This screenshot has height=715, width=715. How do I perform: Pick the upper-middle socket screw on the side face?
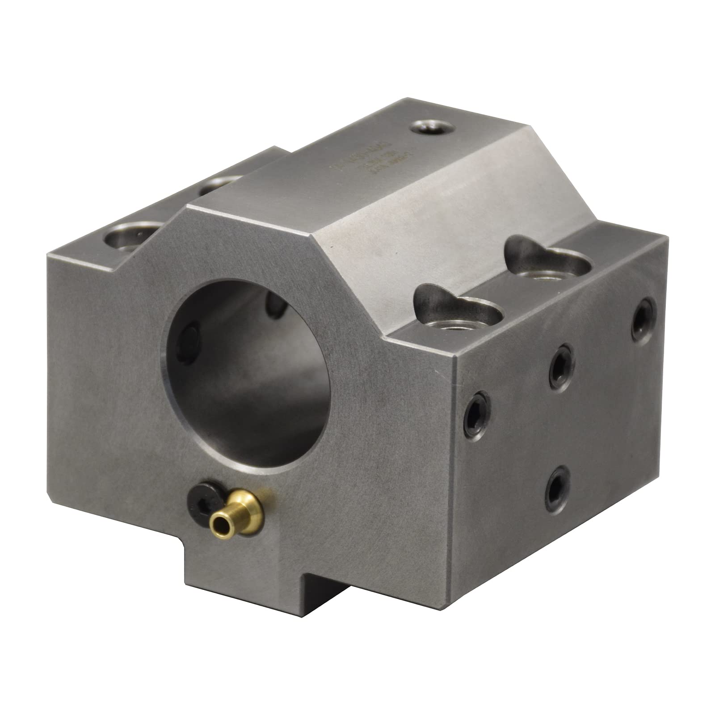pyautogui.click(x=563, y=359)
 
